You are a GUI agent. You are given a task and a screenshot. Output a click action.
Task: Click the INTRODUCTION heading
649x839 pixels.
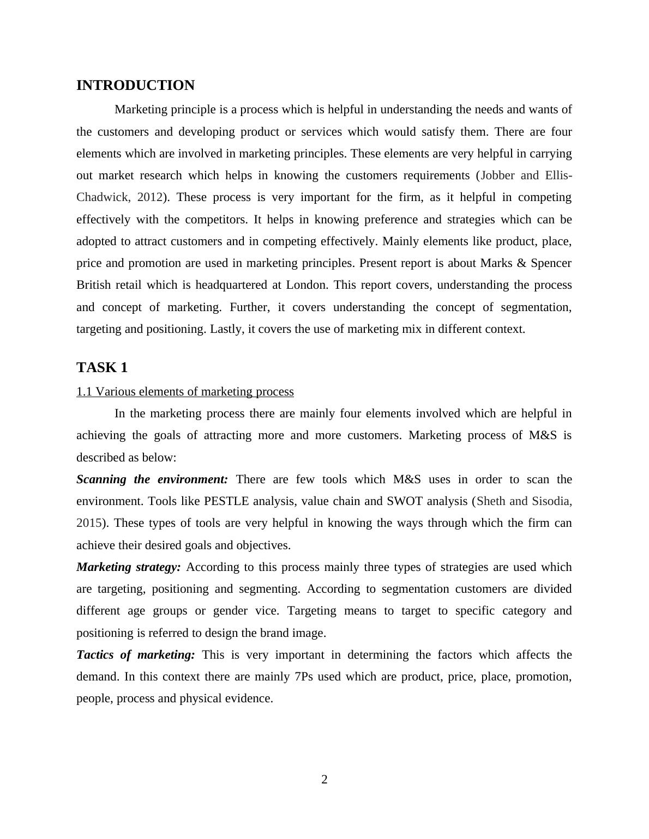click(x=135, y=86)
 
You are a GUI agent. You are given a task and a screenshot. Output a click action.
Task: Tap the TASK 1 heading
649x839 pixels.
click(x=102, y=368)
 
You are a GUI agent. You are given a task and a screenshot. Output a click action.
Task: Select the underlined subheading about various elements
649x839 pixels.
click(x=185, y=392)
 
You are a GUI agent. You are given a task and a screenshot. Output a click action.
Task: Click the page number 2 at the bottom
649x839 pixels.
click(x=324, y=780)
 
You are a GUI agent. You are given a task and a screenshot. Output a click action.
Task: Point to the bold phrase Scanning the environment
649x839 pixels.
click(x=152, y=479)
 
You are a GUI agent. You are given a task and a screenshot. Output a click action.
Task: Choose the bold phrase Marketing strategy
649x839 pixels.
click(x=129, y=567)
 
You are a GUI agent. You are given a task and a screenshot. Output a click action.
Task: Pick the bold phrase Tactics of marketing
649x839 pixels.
click(x=135, y=655)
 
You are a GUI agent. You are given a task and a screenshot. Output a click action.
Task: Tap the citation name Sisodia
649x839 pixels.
click(x=551, y=501)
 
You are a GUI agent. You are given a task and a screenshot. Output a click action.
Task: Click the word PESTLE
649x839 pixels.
click(x=226, y=501)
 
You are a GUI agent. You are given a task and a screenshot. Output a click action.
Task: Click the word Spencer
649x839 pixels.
click(x=551, y=263)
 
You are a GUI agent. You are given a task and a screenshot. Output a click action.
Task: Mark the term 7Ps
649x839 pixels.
click(x=304, y=677)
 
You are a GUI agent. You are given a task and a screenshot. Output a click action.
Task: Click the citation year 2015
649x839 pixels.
click(x=88, y=523)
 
